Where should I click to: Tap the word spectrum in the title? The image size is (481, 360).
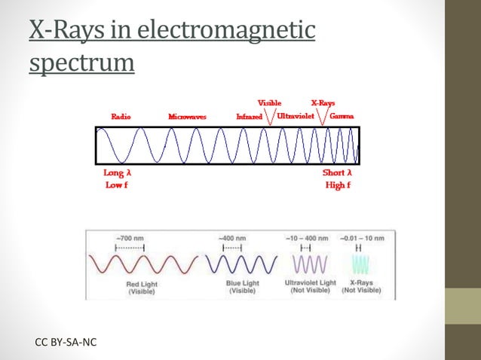pos(82,63)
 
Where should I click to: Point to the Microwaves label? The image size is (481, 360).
pos(188,117)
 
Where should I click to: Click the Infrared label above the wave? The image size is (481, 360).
pos(249,117)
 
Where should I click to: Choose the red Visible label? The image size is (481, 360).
pos(270,102)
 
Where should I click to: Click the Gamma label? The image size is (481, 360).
pos(342,117)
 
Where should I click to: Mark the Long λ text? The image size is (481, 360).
pos(118,172)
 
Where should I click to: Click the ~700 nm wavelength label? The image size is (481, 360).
pos(129,237)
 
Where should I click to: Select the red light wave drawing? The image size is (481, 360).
pos(139,264)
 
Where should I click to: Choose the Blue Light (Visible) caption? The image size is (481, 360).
pos(242,287)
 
